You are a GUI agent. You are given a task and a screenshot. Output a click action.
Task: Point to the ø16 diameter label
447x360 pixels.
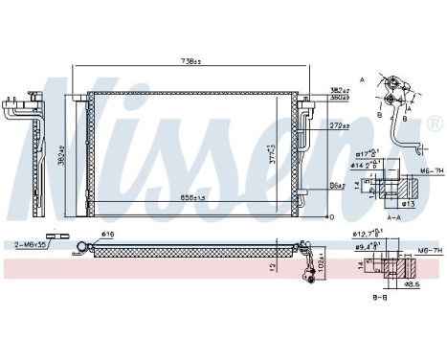[x=109, y=234]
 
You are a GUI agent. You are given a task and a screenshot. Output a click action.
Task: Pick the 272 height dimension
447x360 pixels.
[x=336, y=124]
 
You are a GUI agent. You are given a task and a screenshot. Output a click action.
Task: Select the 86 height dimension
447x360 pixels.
[x=336, y=184]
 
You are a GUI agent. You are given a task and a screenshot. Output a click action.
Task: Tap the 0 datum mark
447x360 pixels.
[x=330, y=216]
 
